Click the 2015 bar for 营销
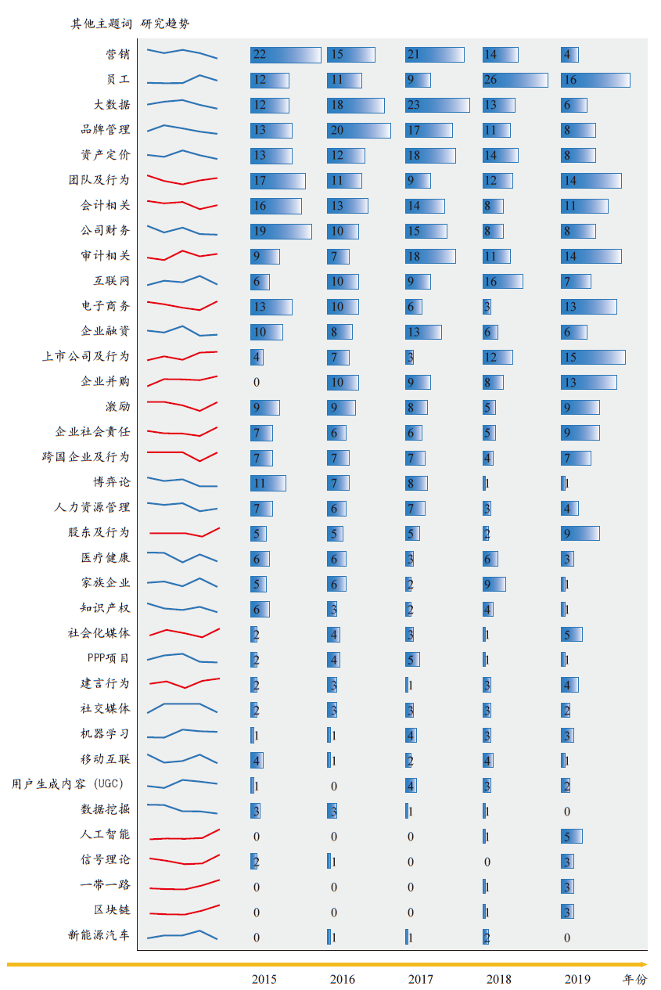[286, 55]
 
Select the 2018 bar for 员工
[515, 80]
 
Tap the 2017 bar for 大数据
[437, 105]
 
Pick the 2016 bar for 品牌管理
[358, 130]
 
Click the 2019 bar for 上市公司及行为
[593, 357]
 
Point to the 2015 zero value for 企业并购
[257, 383]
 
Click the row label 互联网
[112, 281]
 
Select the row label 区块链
[112, 910]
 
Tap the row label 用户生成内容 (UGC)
[68, 784]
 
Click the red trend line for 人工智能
[184, 836]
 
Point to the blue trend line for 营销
[182, 53]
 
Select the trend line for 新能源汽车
[182, 934]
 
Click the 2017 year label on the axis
[420, 979]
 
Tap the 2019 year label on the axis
[577, 979]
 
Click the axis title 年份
[635, 979]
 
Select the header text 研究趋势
[165, 23]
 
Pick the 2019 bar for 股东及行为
[580, 533]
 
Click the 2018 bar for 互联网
[502, 281]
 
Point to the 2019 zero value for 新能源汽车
[567, 938]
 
